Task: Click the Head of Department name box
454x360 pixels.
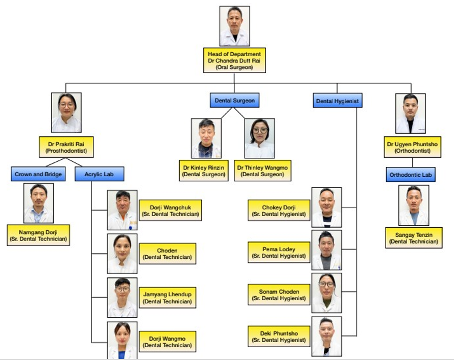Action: pos(234,60)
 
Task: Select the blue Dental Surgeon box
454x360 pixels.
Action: pos(234,101)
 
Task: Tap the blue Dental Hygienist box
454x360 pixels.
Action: pos(337,101)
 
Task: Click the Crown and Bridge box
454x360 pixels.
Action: pos(38,174)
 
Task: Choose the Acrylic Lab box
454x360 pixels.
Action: pos(100,174)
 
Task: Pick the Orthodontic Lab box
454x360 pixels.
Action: pos(411,175)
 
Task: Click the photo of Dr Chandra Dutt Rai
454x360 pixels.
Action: pos(234,26)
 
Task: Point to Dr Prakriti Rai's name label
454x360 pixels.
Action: pos(67,148)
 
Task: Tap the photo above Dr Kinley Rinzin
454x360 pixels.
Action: pos(206,138)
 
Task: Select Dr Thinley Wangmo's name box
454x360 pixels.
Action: pos(262,171)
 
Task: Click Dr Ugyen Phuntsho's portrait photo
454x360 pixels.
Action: pos(411,113)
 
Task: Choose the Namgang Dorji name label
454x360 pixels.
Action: pos(38,235)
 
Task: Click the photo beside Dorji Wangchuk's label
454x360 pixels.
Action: pos(122,210)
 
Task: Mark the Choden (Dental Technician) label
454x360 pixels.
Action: pos(168,254)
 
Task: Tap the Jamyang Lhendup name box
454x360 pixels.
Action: pos(168,298)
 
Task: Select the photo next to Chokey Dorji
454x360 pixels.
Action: pos(326,207)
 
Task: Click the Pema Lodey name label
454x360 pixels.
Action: pos(279,252)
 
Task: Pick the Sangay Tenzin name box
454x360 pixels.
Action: pos(414,238)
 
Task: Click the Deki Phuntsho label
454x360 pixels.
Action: pos(279,337)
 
